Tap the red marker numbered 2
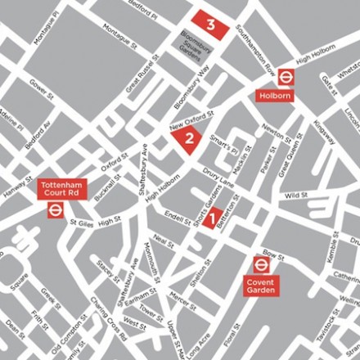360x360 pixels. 189,137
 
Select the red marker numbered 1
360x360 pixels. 211,218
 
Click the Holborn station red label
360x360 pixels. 274,96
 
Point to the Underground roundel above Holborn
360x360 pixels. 285,77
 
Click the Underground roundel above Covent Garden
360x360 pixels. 262,264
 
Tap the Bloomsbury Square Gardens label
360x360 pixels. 190,45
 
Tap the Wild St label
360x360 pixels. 295,196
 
